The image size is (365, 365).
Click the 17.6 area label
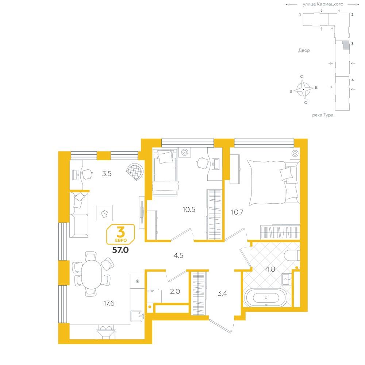[x=109, y=303]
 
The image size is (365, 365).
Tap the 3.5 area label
[x=107, y=173]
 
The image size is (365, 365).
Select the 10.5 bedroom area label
[x=189, y=210]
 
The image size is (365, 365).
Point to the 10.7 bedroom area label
[x=237, y=212]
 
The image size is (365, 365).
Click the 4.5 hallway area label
[x=178, y=255]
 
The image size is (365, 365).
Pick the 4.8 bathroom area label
[x=270, y=269]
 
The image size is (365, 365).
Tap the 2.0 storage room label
[x=175, y=291]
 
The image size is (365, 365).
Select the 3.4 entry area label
[x=222, y=293]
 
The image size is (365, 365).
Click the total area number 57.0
[x=120, y=250]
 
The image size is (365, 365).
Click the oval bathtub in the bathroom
[x=266, y=298]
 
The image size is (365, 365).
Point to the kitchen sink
[x=137, y=316]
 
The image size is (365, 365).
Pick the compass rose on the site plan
[x=303, y=89]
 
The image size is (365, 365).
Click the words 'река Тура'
[x=323, y=115]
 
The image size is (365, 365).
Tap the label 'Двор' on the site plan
[x=304, y=50]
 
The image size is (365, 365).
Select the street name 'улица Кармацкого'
[x=323, y=4]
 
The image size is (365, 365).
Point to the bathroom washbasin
[x=287, y=279]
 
